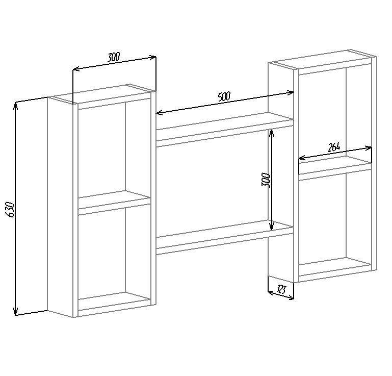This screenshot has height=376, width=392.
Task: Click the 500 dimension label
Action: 224,96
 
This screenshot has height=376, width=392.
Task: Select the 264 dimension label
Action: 334,148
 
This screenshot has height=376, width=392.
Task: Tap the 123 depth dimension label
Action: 281,290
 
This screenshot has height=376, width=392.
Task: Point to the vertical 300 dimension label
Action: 266,180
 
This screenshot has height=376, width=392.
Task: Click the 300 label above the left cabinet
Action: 114,57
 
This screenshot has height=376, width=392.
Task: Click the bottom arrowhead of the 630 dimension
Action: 15,311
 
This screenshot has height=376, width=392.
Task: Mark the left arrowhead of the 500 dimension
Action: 159,113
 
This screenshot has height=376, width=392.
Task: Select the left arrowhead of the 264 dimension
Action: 301,158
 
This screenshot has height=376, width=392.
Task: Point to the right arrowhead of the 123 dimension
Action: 291,297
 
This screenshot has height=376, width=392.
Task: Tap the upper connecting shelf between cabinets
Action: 224,130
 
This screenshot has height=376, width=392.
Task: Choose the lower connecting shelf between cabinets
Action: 224,237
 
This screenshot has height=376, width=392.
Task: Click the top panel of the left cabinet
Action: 101,94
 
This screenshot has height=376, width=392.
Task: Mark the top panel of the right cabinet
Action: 322,60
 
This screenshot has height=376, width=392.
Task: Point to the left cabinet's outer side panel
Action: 60,207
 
